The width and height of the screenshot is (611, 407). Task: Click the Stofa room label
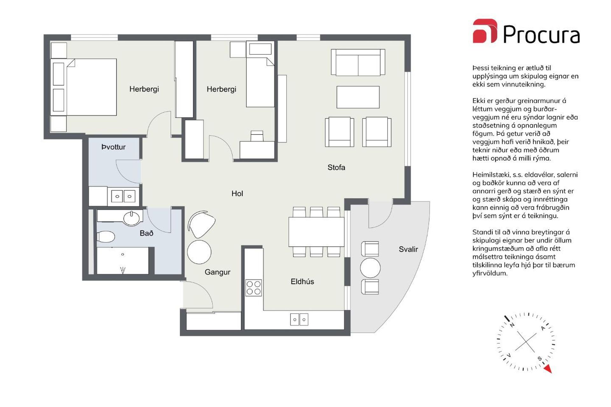[x=336, y=167]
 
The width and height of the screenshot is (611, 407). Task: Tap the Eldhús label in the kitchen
[x=302, y=281]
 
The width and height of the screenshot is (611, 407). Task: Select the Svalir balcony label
[x=408, y=249]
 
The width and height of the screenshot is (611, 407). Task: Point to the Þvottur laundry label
[x=113, y=147]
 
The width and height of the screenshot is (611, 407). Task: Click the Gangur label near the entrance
[x=217, y=272]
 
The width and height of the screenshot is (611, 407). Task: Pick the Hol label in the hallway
[x=237, y=193]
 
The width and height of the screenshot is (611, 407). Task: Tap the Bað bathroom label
[x=146, y=233]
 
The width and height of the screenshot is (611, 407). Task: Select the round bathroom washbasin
[x=131, y=218]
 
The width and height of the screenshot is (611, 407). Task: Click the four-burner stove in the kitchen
[x=254, y=288]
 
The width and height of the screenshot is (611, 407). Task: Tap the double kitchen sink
[x=299, y=320]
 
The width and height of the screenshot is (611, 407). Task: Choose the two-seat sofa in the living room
[x=358, y=62]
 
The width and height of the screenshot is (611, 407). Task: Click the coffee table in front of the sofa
[x=358, y=97]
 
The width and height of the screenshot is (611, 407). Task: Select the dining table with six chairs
[x=316, y=232]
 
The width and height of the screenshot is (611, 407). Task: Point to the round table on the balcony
[x=370, y=268]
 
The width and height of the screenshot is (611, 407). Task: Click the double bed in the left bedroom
[x=83, y=87]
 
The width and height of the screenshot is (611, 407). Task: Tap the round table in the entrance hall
[x=199, y=252]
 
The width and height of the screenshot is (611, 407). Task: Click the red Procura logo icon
[x=485, y=31]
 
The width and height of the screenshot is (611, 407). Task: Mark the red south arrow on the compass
[x=548, y=369]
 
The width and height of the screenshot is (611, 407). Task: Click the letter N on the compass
[x=512, y=325]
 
